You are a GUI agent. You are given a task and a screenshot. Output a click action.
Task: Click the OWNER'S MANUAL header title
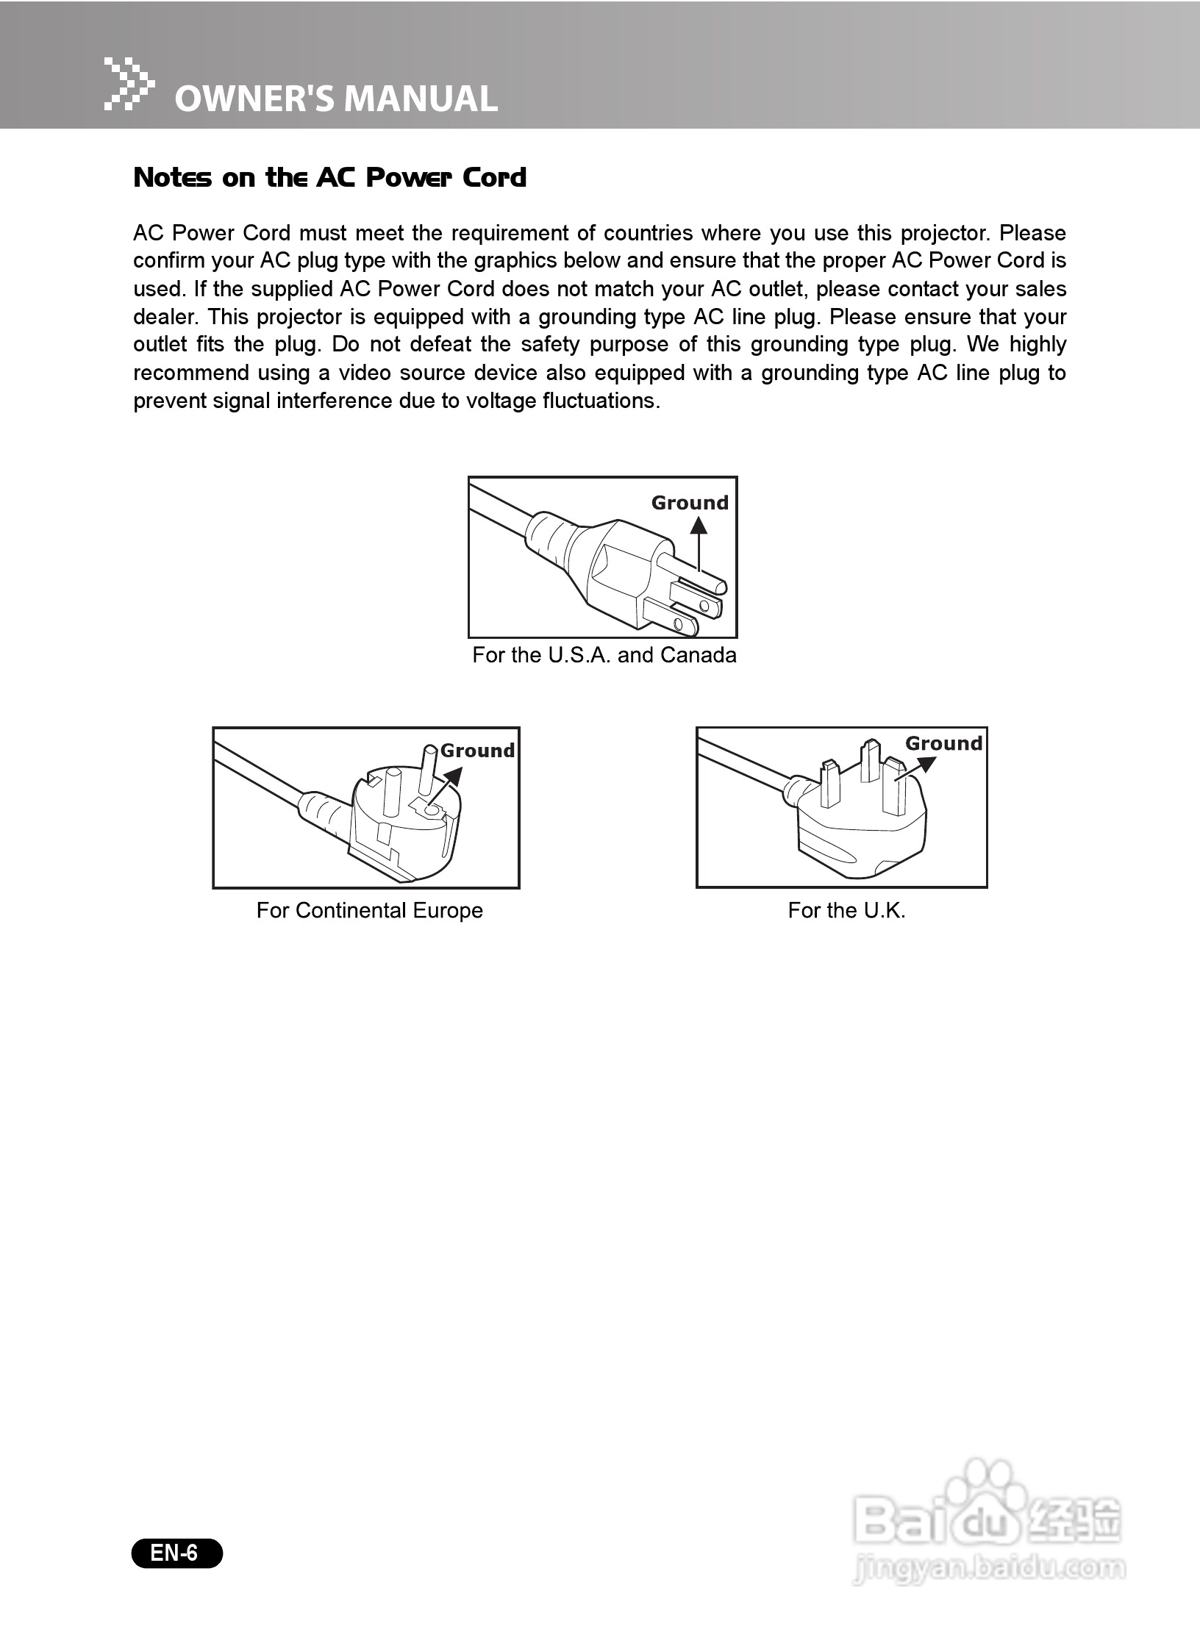tap(336, 99)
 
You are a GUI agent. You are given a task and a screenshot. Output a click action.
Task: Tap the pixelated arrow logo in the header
tap(129, 84)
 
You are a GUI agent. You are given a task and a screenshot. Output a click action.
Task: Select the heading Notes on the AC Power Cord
tap(329, 178)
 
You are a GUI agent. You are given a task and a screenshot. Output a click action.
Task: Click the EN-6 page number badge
tap(176, 1553)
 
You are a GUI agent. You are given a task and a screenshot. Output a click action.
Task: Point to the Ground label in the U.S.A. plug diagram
tap(690, 503)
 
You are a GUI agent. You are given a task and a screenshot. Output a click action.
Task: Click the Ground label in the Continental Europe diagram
tap(477, 751)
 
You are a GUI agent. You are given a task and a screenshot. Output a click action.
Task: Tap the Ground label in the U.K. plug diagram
tap(943, 743)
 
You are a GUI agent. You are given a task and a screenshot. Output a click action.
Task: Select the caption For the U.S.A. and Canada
tap(604, 655)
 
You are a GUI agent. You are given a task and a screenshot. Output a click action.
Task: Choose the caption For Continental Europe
tap(369, 911)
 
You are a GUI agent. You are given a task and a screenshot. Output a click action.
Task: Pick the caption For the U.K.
tap(846, 911)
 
